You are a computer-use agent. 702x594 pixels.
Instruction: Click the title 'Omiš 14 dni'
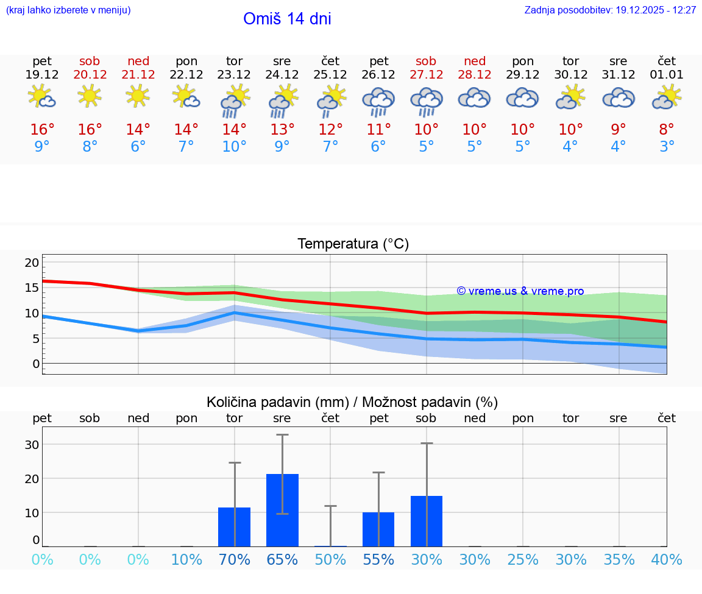tap(287, 19)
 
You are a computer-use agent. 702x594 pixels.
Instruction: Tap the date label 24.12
tap(282, 74)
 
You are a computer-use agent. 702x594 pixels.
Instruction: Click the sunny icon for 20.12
tap(90, 96)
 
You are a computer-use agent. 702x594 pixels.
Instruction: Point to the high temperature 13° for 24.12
tap(282, 130)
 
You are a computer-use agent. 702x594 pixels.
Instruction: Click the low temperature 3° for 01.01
tap(667, 147)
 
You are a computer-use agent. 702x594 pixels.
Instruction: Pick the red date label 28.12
tap(475, 74)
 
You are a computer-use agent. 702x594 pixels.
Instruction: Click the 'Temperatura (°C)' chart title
tap(353, 244)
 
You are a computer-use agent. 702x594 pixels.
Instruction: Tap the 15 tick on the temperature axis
tap(32, 288)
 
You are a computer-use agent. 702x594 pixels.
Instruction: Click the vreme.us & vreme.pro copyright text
tap(520, 291)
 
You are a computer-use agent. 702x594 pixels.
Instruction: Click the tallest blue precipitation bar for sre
tap(282, 510)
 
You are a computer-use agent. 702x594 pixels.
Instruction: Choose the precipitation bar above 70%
tap(235, 527)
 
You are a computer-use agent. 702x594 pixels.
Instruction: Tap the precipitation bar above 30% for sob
tap(427, 522)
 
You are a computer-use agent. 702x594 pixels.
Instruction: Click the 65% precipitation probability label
tap(282, 560)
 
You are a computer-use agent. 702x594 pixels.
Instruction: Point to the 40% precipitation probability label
tap(667, 560)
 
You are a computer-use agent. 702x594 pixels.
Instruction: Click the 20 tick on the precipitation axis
tap(32, 478)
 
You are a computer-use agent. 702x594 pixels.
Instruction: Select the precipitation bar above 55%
tap(378, 529)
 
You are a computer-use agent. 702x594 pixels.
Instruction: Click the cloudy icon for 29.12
tap(523, 97)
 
